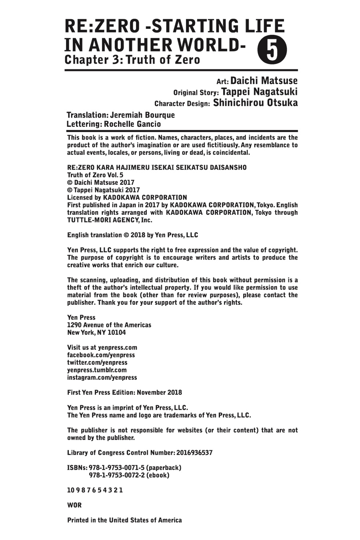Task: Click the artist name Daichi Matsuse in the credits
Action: [x=264, y=81]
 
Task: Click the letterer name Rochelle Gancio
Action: [x=132, y=124]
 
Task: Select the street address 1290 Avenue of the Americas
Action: [x=109, y=325]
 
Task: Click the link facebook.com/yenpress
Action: [x=101, y=355]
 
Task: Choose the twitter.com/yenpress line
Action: [x=97, y=362]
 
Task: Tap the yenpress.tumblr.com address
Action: [x=97, y=370]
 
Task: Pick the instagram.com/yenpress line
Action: [x=102, y=377]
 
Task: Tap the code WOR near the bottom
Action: [x=74, y=505]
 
